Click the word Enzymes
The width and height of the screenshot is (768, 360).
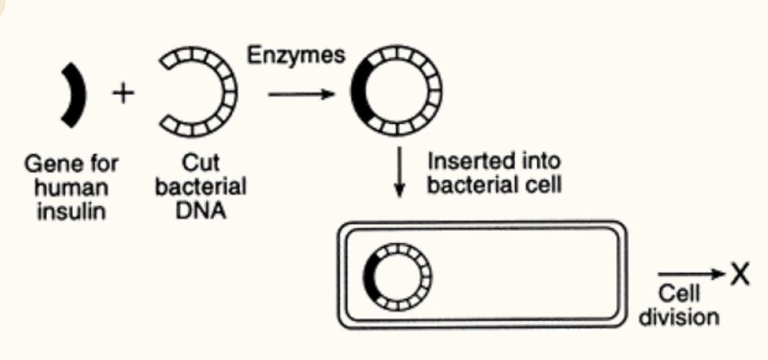(x=296, y=56)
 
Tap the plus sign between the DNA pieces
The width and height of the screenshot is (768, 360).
(x=123, y=94)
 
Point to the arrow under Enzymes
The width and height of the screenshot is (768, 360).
(x=301, y=94)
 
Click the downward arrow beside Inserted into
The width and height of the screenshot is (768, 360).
(x=400, y=172)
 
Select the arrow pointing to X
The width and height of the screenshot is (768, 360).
(x=691, y=274)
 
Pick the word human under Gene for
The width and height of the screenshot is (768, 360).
(x=71, y=188)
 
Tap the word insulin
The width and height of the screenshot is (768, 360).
(x=71, y=211)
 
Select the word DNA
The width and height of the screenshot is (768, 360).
(x=200, y=211)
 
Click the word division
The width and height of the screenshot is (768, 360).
(x=679, y=318)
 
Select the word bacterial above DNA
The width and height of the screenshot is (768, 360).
(x=200, y=187)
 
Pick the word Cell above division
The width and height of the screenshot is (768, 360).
(x=679, y=294)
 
